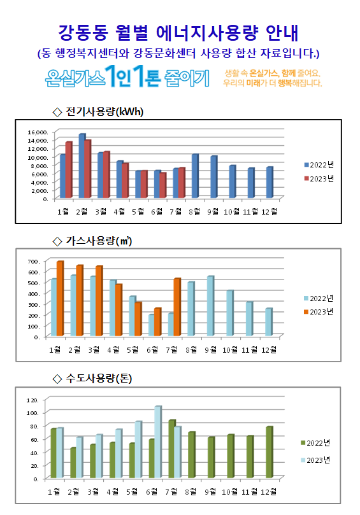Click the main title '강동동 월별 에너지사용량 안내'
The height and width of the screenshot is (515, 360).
point(178,33)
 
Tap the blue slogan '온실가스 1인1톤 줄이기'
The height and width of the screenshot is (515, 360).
point(127,77)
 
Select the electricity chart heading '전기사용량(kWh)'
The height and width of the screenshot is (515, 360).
point(98,111)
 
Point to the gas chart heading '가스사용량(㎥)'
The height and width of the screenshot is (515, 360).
point(92,241)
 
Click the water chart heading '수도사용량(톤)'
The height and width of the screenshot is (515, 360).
point(92,378)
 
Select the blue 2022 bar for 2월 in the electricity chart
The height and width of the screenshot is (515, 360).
point(82,166)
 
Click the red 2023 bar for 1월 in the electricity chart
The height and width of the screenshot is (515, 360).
point(68,170)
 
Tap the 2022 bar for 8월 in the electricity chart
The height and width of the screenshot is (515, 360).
point(195,176)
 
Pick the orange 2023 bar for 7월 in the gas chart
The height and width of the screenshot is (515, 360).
point(177,307)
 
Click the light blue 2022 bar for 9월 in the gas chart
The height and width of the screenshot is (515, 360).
point(210,306)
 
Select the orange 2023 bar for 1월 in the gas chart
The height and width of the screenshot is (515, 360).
point(60,298)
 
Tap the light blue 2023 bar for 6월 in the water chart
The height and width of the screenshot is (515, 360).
point(158,442)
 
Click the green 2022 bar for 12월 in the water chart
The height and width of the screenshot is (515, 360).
point(270,452)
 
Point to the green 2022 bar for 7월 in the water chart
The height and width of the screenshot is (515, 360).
point(172,449)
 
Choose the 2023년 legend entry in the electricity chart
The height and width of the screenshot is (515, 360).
point(319,179)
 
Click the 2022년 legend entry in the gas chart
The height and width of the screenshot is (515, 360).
point(319,298)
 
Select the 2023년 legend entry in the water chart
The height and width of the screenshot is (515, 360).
point(315,460)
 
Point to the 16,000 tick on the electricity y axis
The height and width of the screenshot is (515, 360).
point(38,132)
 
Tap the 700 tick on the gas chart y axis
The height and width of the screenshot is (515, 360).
point(34,262)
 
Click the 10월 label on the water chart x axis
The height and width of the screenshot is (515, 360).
point(230,491)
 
